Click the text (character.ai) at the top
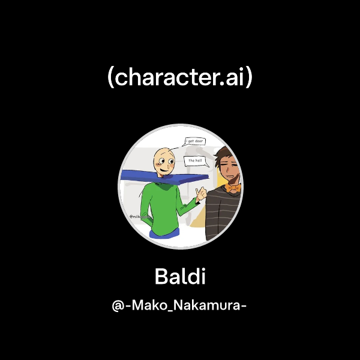(x=180, y=79)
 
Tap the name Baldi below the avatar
(x=180, y=277)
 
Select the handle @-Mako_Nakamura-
(x=180, y=305)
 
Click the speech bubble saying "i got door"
(x=196, y=142)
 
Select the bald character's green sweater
(x=159, y=207)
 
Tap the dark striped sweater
(x=225, y=213)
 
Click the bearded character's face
(x=232, y=171)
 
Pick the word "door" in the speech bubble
(x=200, y=142)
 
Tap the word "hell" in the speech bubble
(x=200, y=161)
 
